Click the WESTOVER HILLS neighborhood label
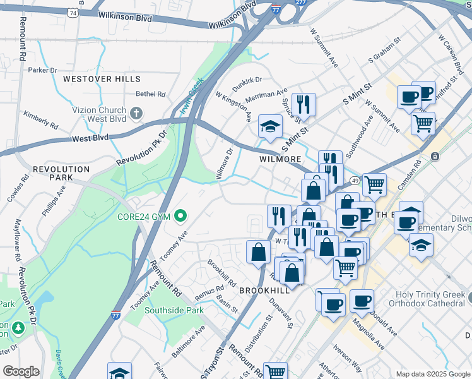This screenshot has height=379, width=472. point(102,79)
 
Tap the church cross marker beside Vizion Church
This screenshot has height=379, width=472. point(136,114)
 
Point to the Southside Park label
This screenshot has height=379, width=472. point(174,310)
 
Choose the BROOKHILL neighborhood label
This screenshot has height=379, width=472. point(264,289)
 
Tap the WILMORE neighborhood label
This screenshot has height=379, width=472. point(280,159)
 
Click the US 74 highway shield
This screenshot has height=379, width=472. point(74,13)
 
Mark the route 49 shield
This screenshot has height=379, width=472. point(356,182)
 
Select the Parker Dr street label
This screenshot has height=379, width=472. point(42,70)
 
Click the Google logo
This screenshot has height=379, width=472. point(21,371)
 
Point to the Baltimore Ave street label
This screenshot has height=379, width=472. point(187,339)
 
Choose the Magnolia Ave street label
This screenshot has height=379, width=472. point(369,337)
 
